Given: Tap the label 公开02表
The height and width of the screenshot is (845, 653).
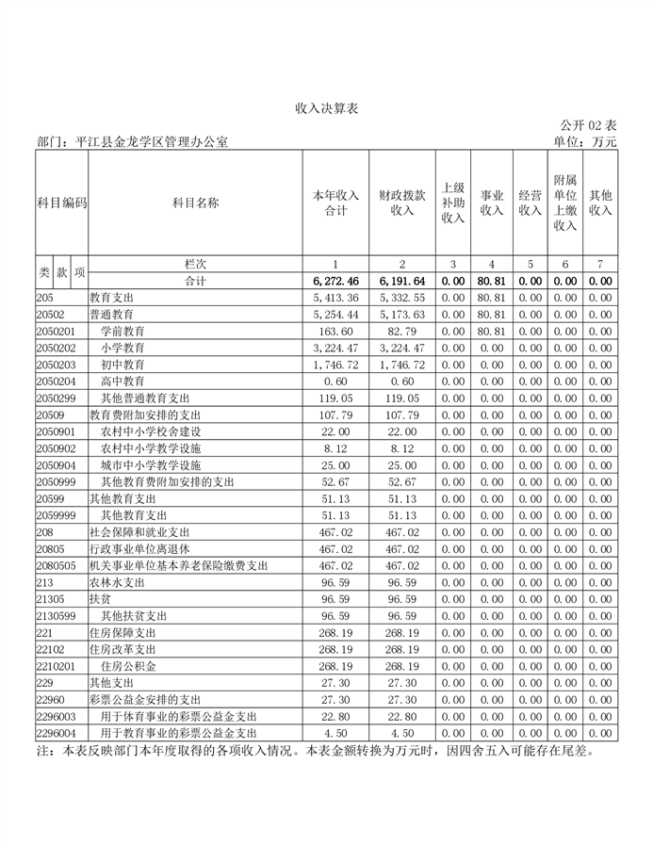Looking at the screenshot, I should click(x=588, y=125).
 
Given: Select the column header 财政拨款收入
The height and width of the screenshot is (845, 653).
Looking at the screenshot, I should click(x=402, y=203).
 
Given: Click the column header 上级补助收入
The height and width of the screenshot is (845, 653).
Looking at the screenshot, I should click(x=453, y=203).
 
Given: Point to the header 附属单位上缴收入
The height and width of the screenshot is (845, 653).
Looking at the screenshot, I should click(x=564, y=203).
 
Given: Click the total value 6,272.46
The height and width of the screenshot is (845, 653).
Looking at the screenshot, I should click(x=335, y=281).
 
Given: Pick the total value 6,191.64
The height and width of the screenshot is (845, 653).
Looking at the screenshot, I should click(x=402, y=281).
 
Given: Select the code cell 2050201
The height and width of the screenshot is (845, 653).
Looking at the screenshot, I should click(x=56, y=331).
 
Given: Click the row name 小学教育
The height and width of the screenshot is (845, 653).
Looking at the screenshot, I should click(x=123, y=348).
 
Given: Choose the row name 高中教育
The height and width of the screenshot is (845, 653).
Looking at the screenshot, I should click(x=123, y=381).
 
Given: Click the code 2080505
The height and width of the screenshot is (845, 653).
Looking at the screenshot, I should click(x=56, y=565).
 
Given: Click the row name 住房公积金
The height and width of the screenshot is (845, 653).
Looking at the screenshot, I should click(x=129, y=665).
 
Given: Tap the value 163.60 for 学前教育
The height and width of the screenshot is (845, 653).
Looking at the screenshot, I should click(x=336, y=331).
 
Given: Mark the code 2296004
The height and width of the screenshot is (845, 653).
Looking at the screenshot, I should click(x=56, y=732).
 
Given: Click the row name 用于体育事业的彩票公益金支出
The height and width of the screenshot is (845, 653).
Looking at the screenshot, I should click(x=178, y=715).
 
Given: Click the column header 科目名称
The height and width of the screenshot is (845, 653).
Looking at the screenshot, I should click(x=196, y=203).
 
